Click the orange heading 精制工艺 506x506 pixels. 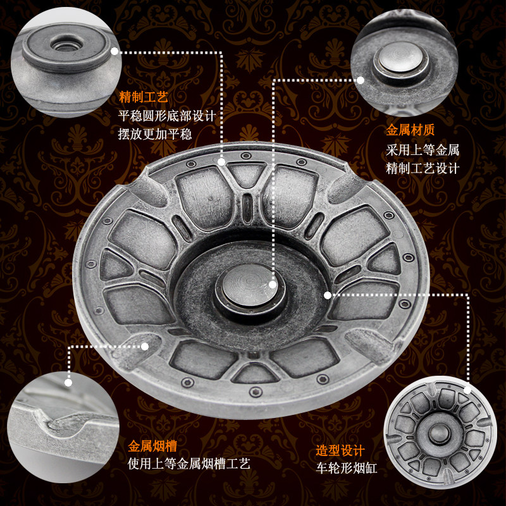click(144, 97)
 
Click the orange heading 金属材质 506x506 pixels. click(410, 130)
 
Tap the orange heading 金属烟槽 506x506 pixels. click(152, 447)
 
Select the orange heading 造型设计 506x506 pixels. click(340, 450)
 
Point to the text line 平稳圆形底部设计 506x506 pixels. click(167, 116)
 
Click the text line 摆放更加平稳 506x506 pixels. click(155, 134)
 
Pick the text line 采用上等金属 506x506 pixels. click(423, 150)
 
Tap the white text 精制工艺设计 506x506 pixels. click(423, 168)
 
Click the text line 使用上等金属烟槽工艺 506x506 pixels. click(188, 464)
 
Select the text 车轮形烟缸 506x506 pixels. click(346, 468)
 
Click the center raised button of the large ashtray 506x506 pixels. click(250, 287)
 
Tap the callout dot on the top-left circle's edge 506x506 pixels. click(114, 51)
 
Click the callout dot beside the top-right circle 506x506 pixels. click(361, 80)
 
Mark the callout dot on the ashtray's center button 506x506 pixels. click(273, 285)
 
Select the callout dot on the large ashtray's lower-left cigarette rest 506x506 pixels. click(145, 347)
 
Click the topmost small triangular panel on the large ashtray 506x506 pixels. click(246, 173)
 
